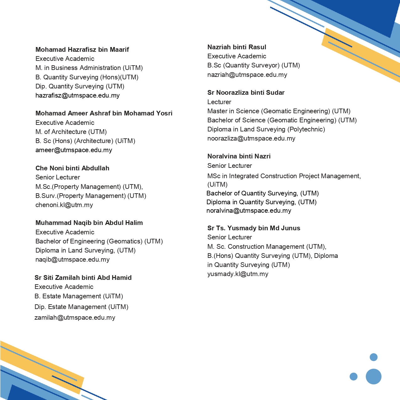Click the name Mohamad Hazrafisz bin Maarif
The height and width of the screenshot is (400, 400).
point(82,50)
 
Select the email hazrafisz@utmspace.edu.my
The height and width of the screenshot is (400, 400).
point(77,95)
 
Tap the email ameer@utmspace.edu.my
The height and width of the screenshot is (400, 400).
point(74,150)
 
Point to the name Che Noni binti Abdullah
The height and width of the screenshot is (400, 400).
point(72,168)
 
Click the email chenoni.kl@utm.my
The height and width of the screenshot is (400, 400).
point(64,205)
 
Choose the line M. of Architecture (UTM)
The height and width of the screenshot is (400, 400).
point(71,132)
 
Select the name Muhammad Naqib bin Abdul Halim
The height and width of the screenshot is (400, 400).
point(89,223)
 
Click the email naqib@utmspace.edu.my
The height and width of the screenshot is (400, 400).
point(72,259)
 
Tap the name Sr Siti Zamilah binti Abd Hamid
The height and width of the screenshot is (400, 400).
point(83,278)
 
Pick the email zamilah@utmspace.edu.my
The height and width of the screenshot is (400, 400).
point(75,317)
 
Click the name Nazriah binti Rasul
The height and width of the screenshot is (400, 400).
point(237,47)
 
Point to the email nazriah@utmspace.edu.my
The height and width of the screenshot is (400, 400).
point(247,75)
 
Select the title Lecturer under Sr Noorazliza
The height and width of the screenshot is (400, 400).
point(219,102)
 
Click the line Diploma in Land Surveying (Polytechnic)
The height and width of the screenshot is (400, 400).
point(266,129)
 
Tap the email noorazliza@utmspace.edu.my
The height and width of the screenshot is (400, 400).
point(251,138)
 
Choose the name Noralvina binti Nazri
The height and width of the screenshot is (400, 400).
point(239,156)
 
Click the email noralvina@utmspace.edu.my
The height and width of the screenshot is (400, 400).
point(249,211)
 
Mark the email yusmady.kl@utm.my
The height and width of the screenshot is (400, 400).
point(238,274)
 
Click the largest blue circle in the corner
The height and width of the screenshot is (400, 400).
point(373,376)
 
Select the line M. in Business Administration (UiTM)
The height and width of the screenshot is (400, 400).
point(89,68)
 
